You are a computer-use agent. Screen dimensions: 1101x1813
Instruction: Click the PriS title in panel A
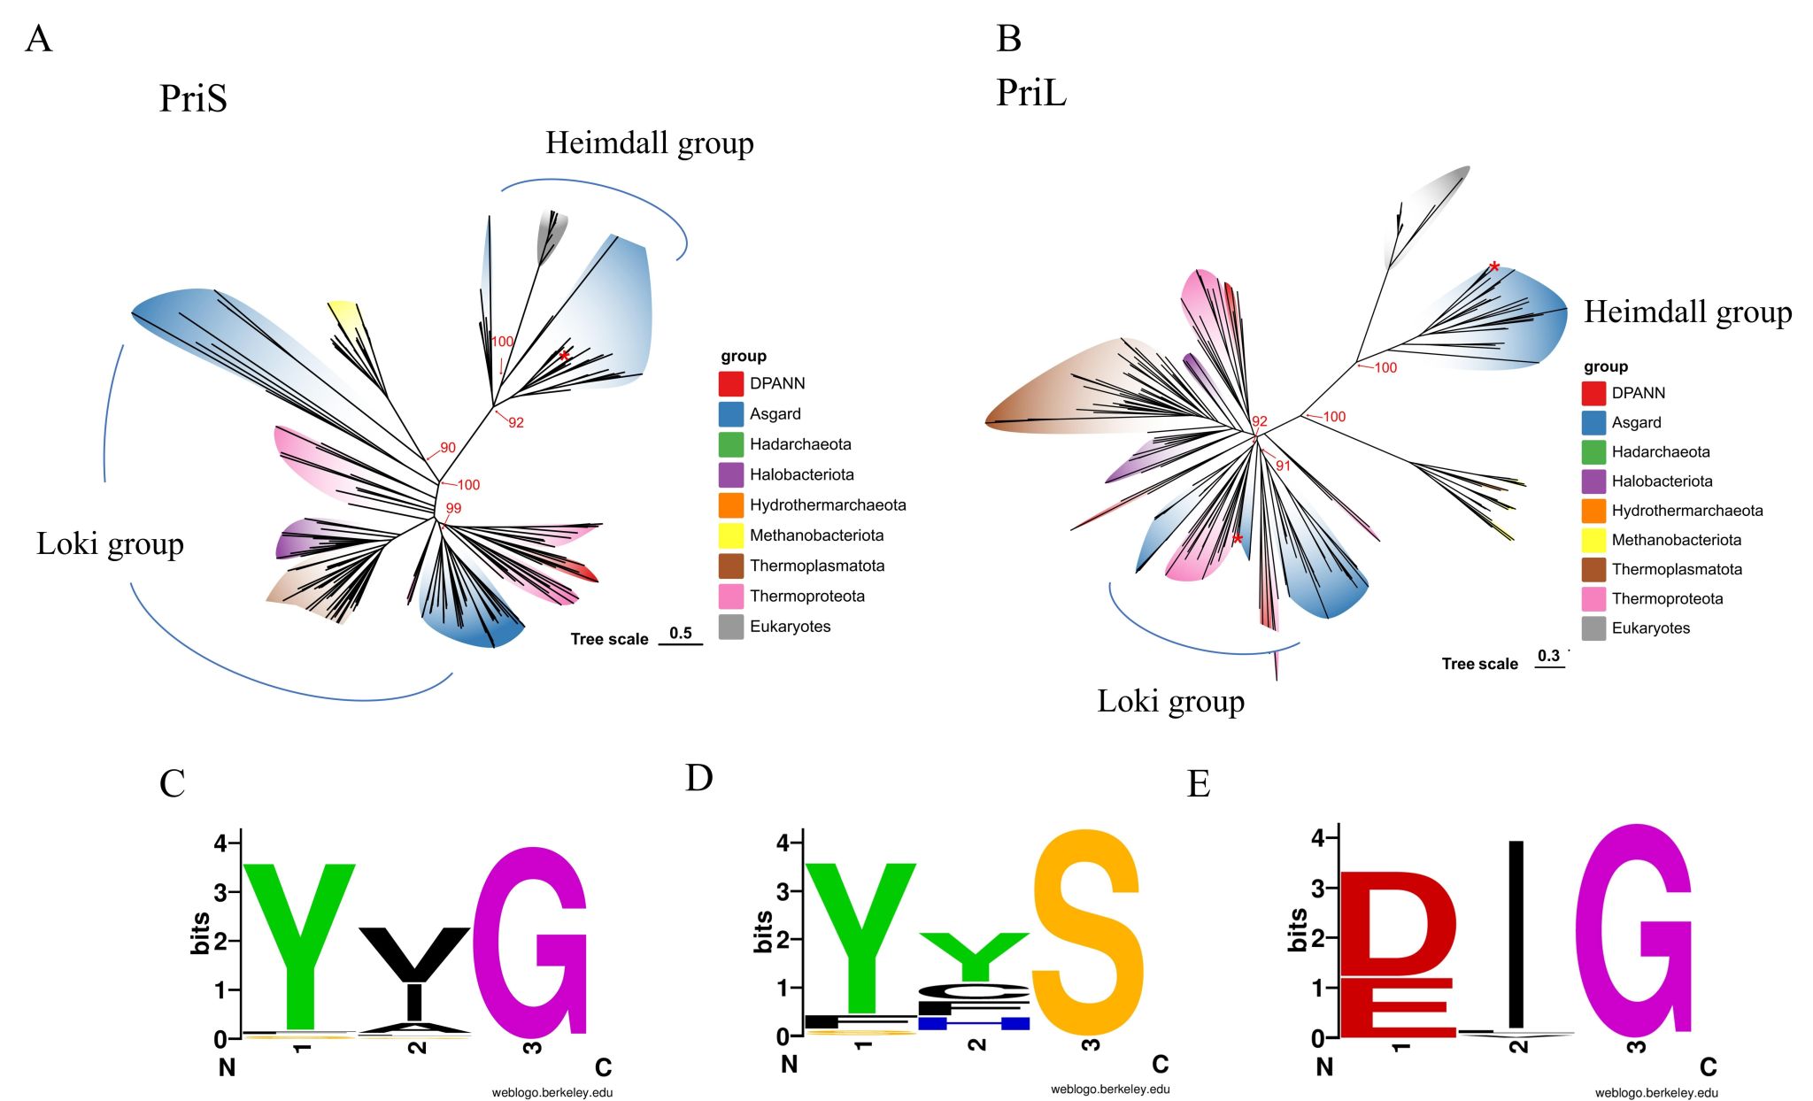click(x=193, y=98)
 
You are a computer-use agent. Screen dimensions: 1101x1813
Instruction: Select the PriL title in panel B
click(x=1031, y=92)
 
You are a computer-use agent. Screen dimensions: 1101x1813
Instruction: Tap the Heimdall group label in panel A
click(x=649, y=143)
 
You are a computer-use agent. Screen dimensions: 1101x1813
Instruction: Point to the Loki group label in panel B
click(x=1170, y=701)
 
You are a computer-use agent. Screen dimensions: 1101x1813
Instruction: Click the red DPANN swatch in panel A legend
click(x=730, y=383)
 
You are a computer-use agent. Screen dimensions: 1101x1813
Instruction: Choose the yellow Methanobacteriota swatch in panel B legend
click(x=1593, y=540)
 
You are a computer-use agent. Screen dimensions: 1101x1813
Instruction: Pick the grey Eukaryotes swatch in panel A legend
click(x=730, y=627)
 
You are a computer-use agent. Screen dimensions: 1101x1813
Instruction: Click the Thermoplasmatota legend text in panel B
click(x=1676, y=569)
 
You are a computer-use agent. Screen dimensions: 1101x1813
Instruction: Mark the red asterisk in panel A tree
click(x=564, y=357)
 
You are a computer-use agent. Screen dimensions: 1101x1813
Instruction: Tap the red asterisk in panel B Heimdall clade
click(x=1494, y=267)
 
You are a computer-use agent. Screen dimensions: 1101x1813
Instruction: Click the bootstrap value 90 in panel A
click(x=448, y=448)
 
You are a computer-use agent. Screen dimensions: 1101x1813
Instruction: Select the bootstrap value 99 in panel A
click(x=453, y=508)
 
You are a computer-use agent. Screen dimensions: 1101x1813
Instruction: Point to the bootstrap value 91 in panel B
click(x=1283, y=466)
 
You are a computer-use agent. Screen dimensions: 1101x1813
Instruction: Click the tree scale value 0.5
click(x=680, y=633)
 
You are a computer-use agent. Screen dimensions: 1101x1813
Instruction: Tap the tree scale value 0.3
click(x=1548, y=656)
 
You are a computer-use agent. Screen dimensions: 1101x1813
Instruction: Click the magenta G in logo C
click(x=529, y=943)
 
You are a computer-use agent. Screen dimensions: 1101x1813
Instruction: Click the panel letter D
click(x=698, y=778)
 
